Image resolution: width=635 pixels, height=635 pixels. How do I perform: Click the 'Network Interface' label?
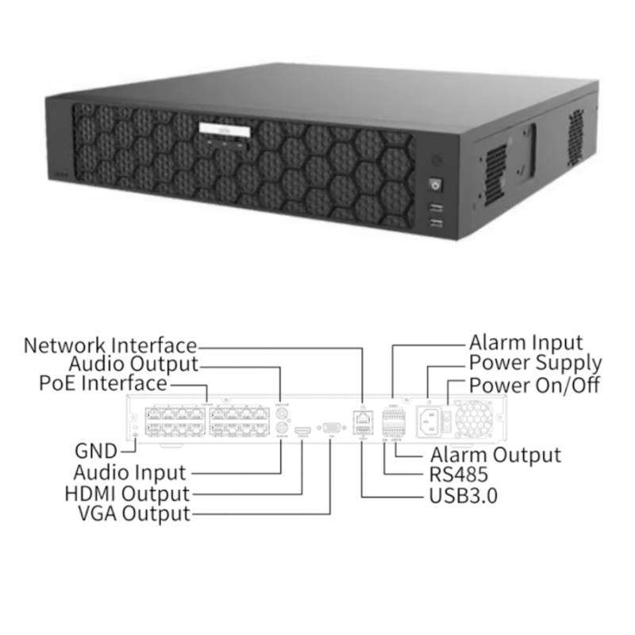(x=110, y=345)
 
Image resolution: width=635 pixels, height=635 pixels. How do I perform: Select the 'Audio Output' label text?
(x=133, y=364)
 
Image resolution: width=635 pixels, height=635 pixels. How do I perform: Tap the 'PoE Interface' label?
(x=103, y=383)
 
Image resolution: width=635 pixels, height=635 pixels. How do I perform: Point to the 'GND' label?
(x=96, y=451)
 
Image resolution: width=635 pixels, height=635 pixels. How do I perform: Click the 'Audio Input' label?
(x=129, y=472)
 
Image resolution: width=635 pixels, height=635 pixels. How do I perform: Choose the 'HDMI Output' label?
(x=127, y=494)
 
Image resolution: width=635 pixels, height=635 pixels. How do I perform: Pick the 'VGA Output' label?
(x=134, y=514)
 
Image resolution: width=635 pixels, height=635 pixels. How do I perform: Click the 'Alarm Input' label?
(x=526, y=343)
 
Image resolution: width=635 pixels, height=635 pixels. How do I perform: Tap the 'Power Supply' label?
(x=535, y=364)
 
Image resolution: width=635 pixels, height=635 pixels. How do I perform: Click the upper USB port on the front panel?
(x=434, y=207)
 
